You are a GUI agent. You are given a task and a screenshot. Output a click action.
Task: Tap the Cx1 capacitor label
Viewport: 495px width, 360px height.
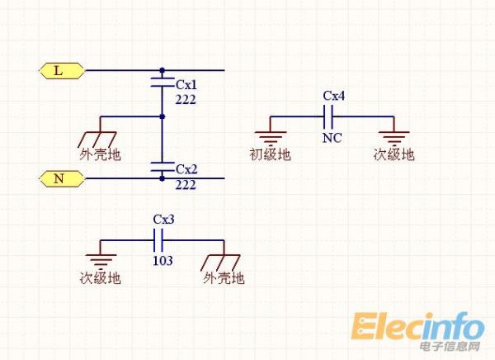(186, 84)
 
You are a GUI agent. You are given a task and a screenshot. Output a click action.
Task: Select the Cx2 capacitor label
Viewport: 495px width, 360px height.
(186, 170)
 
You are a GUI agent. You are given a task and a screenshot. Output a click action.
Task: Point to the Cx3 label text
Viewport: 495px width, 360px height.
(163, 220)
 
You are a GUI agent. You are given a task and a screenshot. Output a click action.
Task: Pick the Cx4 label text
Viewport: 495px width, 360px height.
(333, 96)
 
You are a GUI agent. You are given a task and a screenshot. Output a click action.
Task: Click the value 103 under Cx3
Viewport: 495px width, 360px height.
(163, 261)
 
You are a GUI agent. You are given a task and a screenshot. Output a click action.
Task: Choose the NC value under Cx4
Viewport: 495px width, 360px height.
(332, 137)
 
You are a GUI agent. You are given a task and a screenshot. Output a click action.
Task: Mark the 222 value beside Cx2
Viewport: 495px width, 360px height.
(186, 184)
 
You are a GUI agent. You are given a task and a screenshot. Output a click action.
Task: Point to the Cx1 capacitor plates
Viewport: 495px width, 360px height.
(162, 81)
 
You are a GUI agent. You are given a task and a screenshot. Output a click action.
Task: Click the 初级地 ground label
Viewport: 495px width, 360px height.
(270, 154)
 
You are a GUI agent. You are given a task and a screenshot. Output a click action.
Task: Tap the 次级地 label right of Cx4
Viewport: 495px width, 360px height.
(394, 154)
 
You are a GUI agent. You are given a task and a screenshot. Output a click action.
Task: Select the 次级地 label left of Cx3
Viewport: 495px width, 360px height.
(101, 278)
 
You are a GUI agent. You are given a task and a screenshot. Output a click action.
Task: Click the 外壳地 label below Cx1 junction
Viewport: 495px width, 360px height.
(101, 154)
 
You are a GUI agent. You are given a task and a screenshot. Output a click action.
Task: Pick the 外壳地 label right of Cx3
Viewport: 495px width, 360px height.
(224, 278)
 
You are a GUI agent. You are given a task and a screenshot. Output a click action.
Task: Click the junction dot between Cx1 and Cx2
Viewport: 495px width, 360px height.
(163, 116)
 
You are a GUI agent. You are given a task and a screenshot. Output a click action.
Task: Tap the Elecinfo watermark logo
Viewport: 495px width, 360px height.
(418, 329)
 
